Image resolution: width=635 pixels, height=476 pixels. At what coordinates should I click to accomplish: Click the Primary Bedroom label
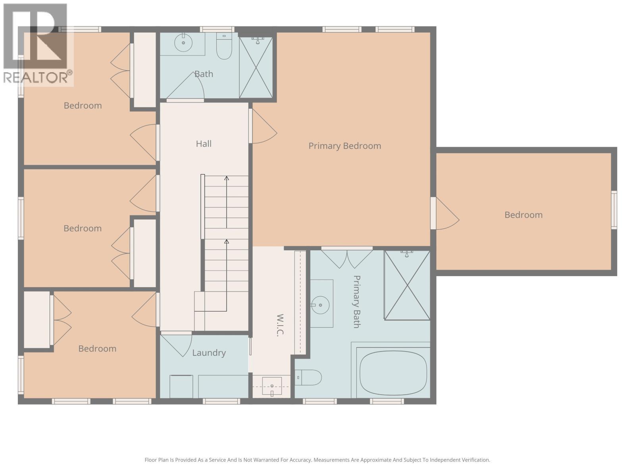[344, 146]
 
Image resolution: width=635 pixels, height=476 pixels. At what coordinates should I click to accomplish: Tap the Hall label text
[204, 144]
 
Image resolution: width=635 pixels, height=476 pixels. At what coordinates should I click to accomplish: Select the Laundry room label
[209, 353]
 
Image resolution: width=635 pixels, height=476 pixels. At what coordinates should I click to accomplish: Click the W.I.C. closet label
[280, 325]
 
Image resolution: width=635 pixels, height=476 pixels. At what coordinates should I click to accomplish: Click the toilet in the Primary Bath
[309, 377]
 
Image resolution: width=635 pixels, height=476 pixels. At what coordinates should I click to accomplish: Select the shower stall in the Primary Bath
[407, 285]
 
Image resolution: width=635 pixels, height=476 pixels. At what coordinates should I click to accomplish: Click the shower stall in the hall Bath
[256, 67]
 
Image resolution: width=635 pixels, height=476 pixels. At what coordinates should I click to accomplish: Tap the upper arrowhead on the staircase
[227, 178]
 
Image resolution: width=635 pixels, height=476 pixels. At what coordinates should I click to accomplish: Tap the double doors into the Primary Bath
[347, 258]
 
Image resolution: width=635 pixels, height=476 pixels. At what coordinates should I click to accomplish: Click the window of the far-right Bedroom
[614, 209]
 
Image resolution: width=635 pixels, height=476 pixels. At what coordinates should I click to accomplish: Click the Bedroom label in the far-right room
[523, 215]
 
